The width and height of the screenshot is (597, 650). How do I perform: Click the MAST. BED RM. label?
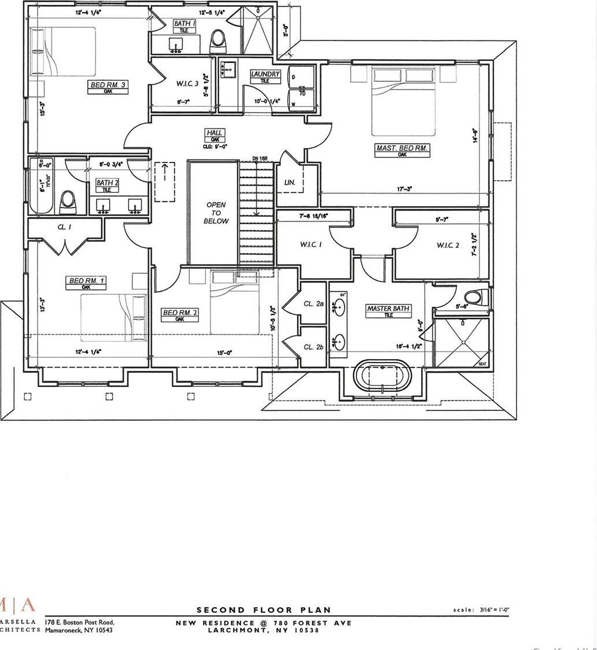tap(402, 148)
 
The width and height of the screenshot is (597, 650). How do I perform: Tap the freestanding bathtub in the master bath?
tap(383, 377)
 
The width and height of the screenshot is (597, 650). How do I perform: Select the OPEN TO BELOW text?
tap(216, 213)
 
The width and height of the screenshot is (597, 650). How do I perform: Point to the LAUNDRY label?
tap(265, 74)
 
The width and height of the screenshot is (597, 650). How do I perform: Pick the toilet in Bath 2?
tap(69, 202)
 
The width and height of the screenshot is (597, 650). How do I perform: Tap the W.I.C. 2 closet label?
tap(448, 245)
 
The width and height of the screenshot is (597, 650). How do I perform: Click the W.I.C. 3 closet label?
tap(187, 84)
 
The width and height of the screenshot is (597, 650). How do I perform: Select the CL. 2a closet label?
tap(314, 304)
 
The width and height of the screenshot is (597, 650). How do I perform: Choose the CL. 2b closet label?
tap(314, 347)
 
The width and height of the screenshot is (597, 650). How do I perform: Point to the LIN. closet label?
tap(290, 183)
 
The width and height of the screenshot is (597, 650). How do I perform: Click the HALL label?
tap(215, 133)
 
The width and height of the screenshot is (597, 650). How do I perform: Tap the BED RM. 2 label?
tap(180, 313)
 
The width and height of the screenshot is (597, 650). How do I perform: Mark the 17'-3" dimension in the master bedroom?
tap(404, 189)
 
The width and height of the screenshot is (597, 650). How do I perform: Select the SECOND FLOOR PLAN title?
tap(264, 610)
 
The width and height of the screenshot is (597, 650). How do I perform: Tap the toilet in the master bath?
tap(472, 298)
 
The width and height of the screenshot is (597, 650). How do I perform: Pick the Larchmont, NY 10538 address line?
tap(264, 630)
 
